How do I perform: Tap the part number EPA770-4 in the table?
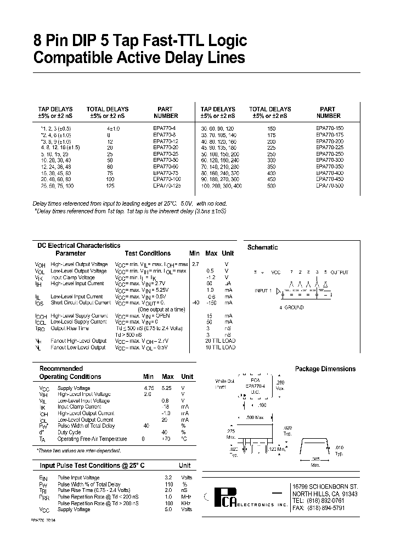coord(163,128)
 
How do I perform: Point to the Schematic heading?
coord(262,247)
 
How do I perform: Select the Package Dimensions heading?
coord(325,369)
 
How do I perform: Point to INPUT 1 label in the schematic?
coord(262,290)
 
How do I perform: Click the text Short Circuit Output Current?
coord(81,303)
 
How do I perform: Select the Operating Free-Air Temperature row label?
coord(92,439)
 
